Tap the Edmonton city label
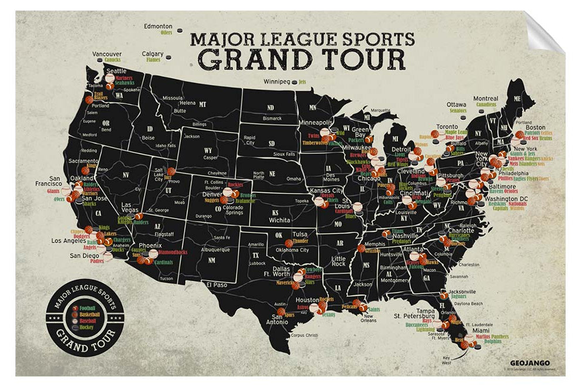point(158,26)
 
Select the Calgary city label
point(153,54)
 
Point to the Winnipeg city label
point(279,82)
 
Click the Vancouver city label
point(107,54)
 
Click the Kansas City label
point(326,191)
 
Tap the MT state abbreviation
point(203,105)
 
